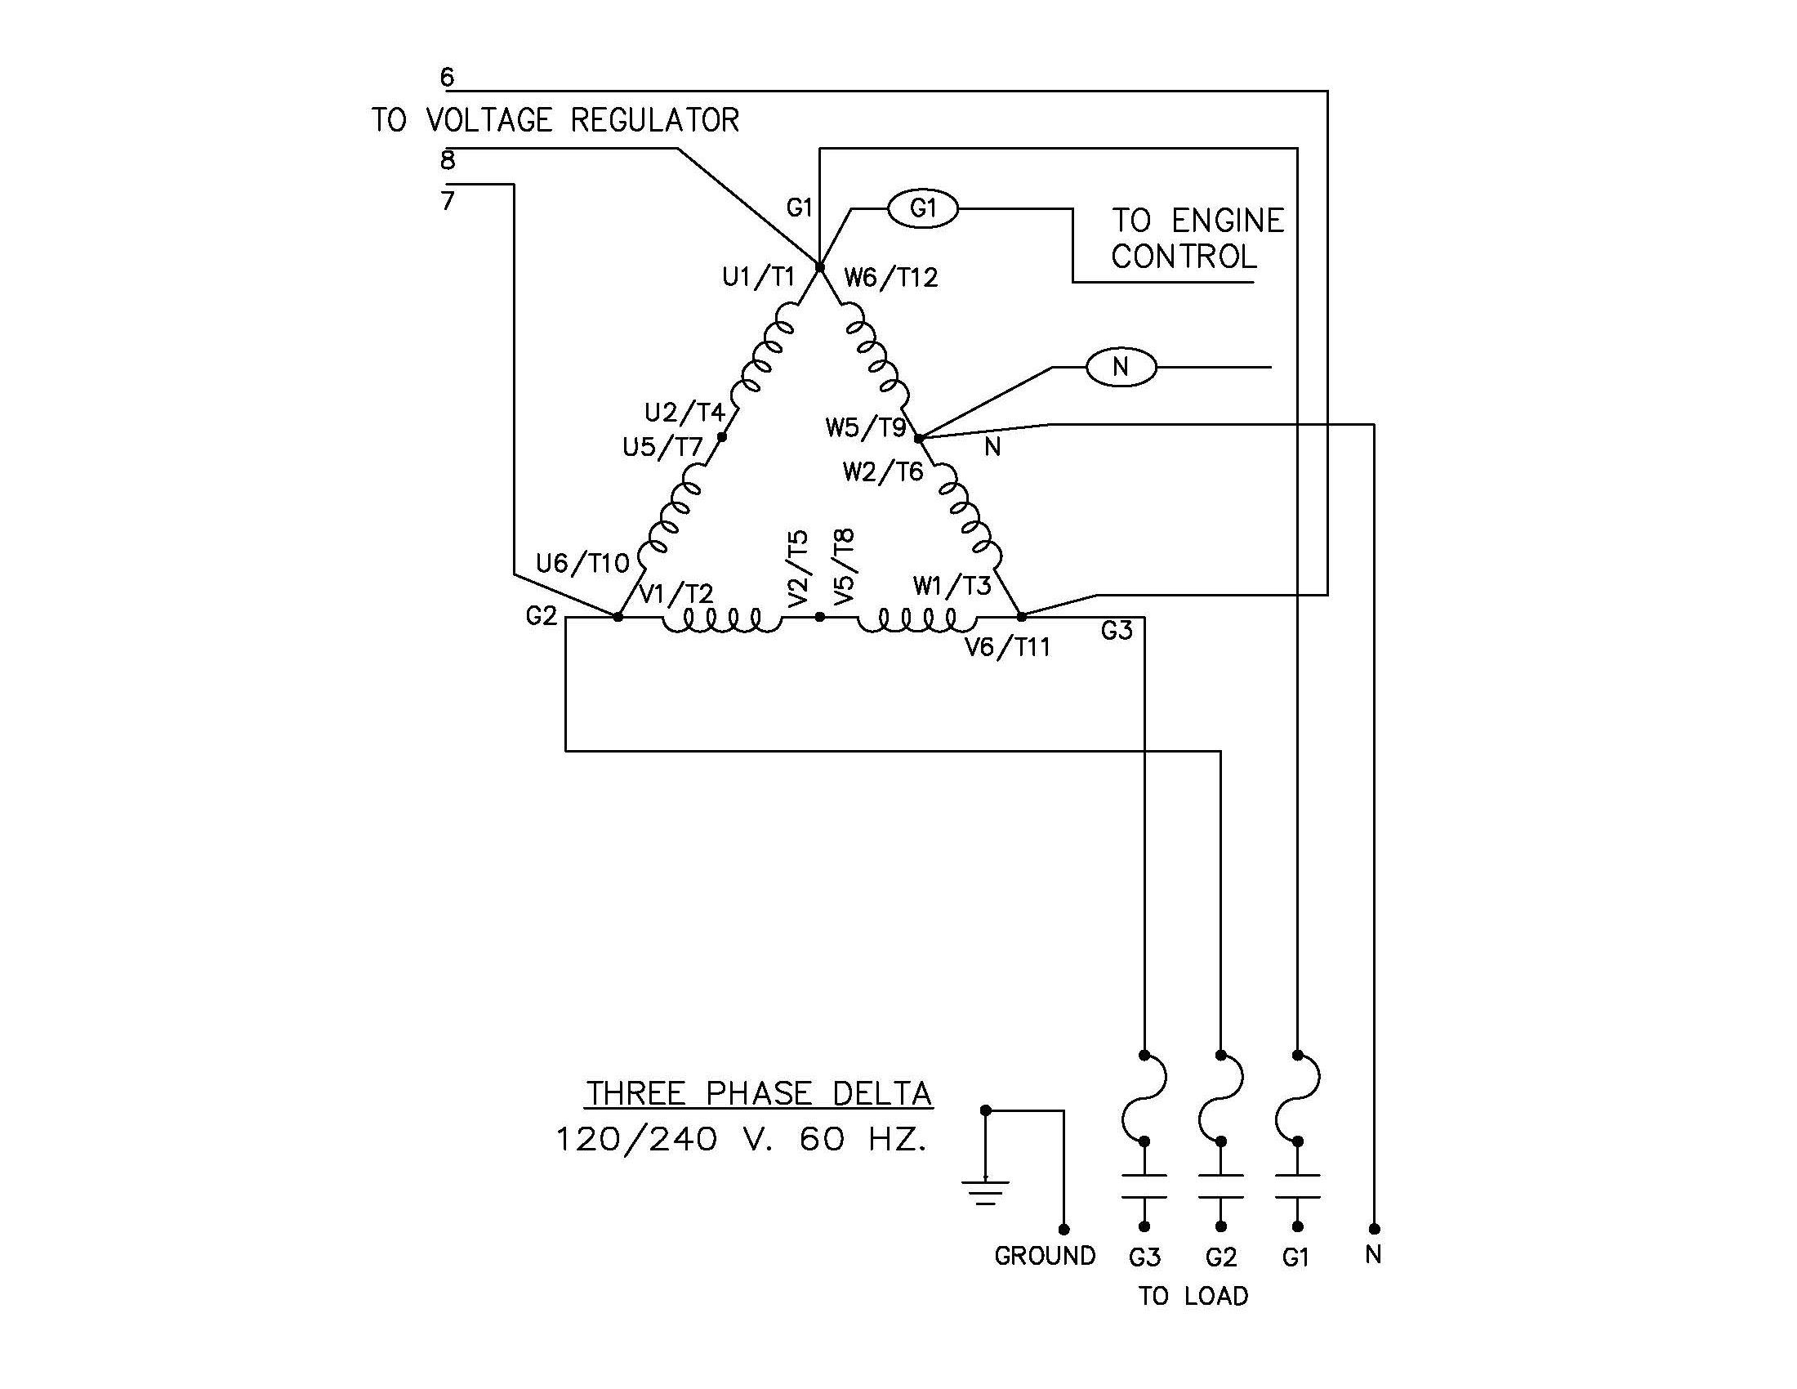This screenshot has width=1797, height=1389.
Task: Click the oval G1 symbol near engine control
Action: [922, 209]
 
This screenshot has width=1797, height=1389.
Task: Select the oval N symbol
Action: [1121, 367]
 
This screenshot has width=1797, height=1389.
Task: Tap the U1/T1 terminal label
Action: [758, 278]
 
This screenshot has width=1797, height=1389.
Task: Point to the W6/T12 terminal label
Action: [891, 278]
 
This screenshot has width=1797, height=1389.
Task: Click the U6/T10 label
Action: [582, 564]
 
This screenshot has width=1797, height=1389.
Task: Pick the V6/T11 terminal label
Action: [1008, 648]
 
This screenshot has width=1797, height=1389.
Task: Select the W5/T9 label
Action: [866, 428]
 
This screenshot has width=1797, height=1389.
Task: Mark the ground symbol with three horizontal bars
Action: [985, 1192]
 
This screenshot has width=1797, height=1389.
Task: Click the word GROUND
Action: [1044, 1256]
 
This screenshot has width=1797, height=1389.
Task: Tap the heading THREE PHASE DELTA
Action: [759, 1093]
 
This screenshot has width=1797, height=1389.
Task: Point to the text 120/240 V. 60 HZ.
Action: [742, 1140]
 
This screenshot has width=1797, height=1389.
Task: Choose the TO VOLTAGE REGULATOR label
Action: [555, 121]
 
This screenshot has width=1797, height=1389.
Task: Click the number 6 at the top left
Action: [447, 78]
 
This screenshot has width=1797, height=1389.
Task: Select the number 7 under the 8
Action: [448, 201]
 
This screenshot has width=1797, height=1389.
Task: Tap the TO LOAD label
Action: [1193, 1296]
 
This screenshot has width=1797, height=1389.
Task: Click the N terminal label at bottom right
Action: [1372, 1255]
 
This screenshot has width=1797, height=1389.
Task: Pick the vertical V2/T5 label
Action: [798, 569]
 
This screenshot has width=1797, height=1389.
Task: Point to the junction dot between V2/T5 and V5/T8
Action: [819, 616]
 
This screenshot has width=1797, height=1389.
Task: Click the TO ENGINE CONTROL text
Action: [1197, 239]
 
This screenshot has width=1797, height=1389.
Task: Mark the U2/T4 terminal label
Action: [684, 412]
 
